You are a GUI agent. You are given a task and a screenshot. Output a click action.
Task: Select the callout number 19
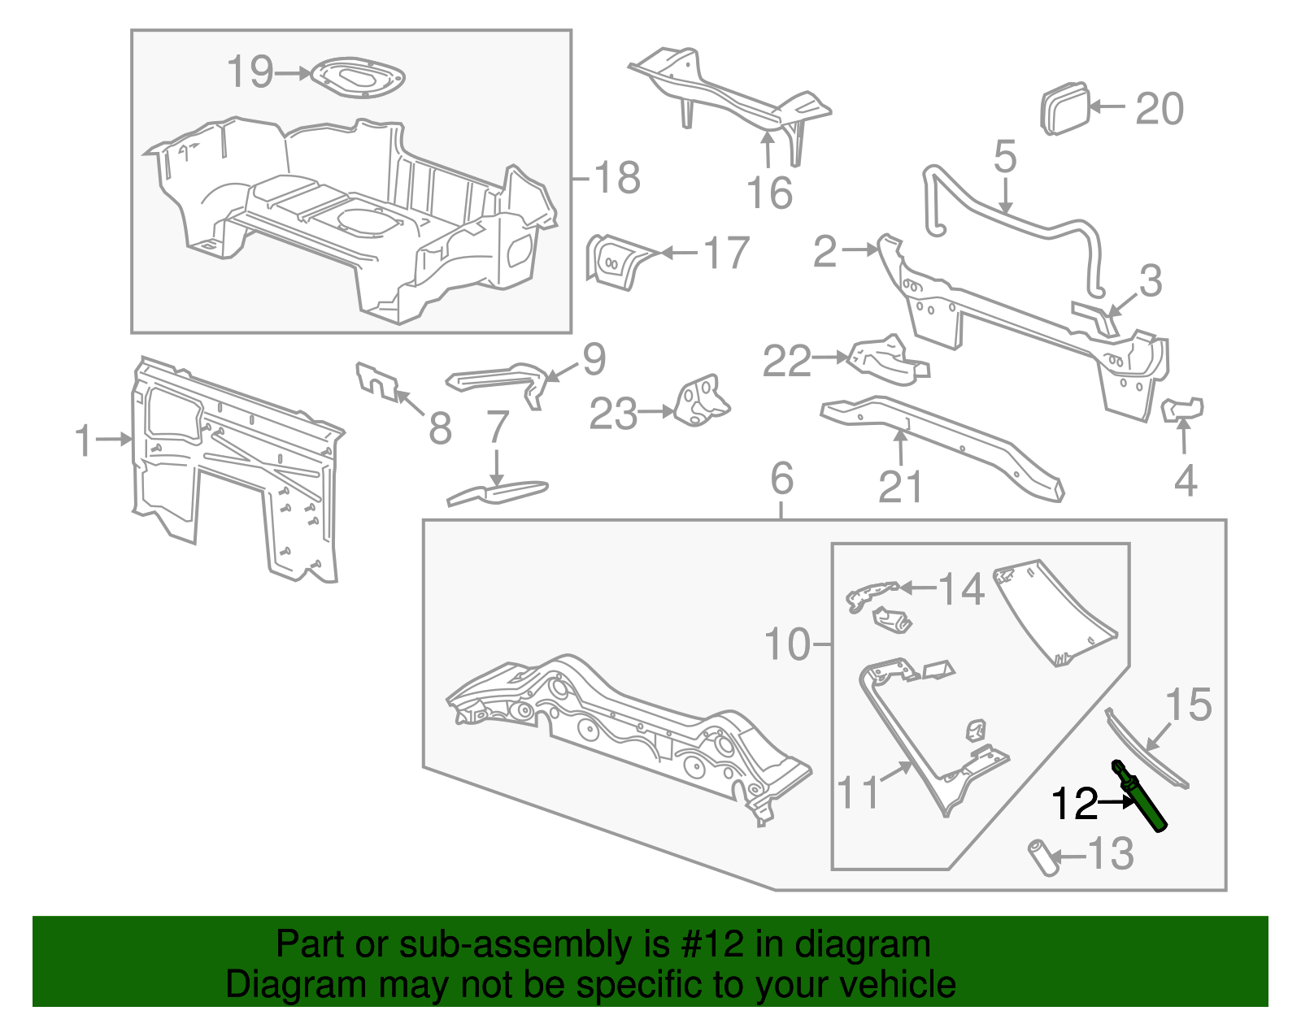click(x=250, y=72)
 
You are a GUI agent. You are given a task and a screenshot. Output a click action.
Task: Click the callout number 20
click(x=1159, y=108)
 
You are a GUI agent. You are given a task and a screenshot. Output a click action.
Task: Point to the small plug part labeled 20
click(x=1064, y=108)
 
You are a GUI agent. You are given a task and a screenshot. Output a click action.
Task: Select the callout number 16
click(x=768, y=193)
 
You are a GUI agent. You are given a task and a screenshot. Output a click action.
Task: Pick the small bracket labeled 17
click(x=616, y=262)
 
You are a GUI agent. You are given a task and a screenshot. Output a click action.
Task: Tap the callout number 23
click(x=613, y=414)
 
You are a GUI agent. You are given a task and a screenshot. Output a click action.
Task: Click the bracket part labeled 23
click(x=702, y=401)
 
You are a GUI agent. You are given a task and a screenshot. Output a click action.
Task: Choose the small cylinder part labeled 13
click(x=1043, y=857)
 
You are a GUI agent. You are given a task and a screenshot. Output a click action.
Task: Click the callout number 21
click(x=900, y=487)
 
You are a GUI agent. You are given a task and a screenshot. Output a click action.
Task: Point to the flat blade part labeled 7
click(x=497, y=491)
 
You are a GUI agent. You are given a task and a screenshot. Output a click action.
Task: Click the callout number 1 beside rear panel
click(x=84, y=440)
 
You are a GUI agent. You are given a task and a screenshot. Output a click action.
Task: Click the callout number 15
click(x=1188, y=705)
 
